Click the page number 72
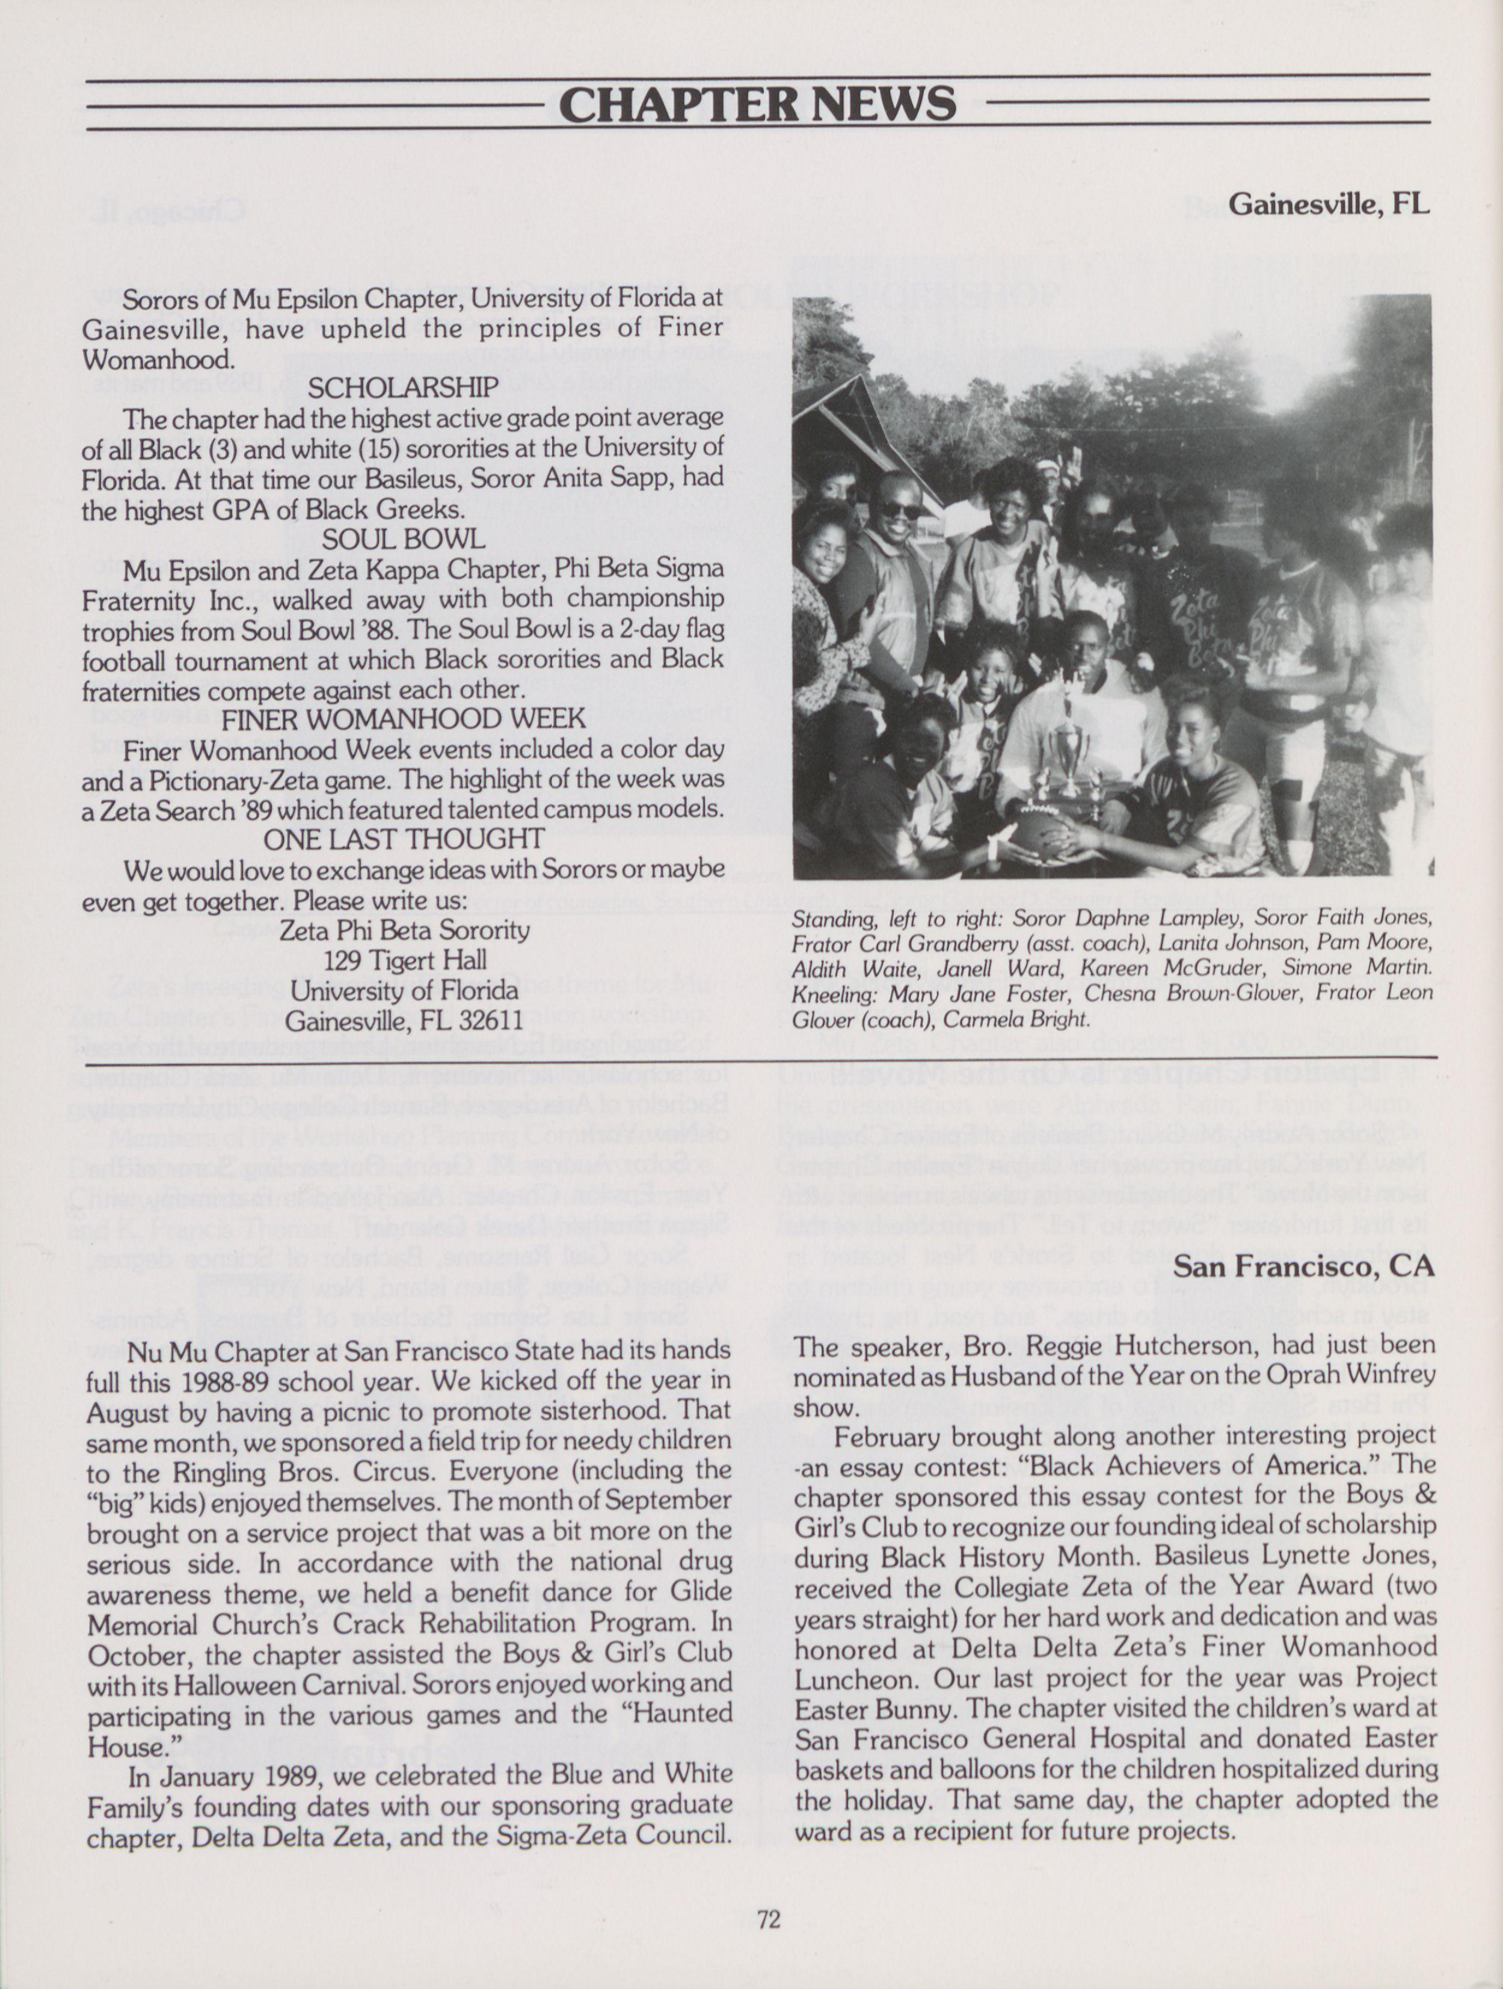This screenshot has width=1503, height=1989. coord(769,1920)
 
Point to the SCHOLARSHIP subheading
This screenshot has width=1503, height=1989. coord(403,387)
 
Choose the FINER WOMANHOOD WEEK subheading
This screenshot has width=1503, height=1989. coord(404,720)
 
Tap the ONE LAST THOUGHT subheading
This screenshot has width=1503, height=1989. coord(404,839)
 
